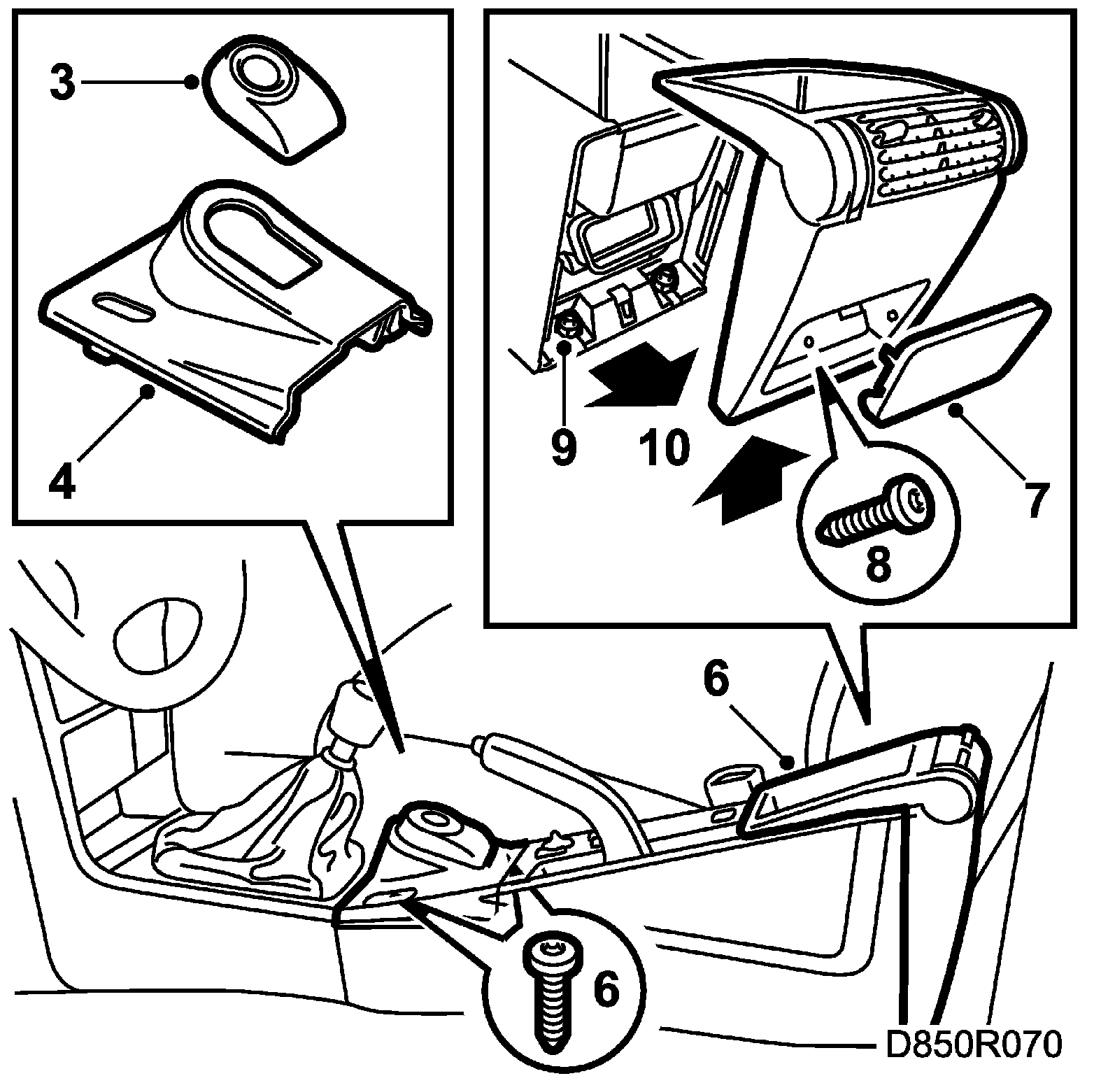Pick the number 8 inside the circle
[879, 564]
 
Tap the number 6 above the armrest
[717, 681]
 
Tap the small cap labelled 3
[273, 101]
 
